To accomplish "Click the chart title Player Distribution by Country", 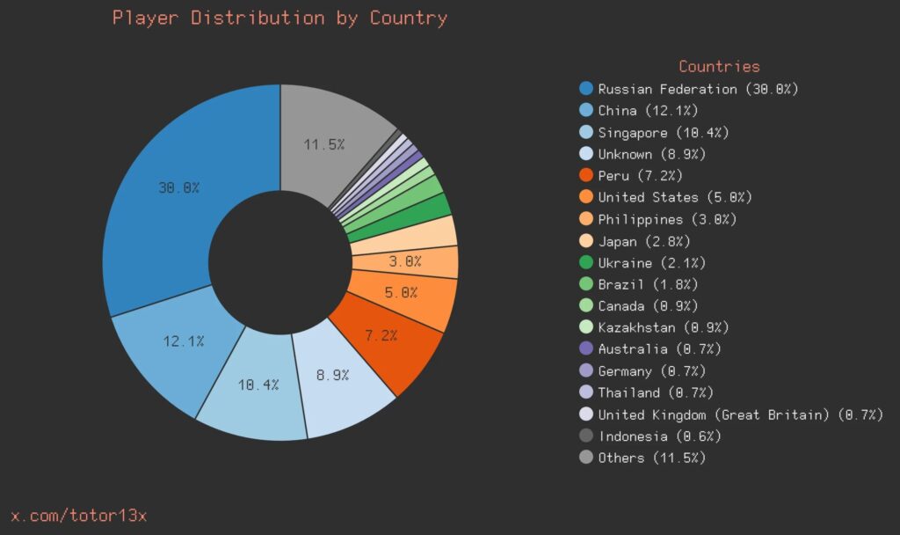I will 279,18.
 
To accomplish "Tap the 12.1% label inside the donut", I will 183,341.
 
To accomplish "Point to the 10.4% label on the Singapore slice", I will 258,385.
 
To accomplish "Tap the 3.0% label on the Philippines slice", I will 405,261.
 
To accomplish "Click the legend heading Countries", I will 719,66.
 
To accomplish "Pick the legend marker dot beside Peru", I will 586,176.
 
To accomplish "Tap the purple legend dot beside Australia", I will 586,349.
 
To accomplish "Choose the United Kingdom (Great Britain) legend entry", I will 740,414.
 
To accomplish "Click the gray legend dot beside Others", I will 586,458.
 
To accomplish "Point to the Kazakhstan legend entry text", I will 663,327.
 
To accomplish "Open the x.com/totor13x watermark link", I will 78,516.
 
